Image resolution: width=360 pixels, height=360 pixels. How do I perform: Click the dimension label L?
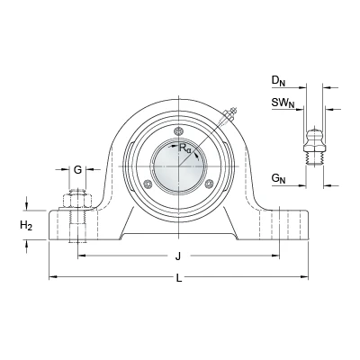point(179,278)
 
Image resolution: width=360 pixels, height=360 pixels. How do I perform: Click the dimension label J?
point(178,256)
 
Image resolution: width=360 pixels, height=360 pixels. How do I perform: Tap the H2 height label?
point(26,225)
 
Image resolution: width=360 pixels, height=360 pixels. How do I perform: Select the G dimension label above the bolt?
point(77,170)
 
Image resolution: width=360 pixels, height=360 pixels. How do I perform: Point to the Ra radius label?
point(184,148)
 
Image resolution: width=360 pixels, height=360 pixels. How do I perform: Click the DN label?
point(278,81)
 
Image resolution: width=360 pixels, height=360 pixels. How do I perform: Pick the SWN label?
point(283,103)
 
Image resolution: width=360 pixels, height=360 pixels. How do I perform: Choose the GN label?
point(278,179)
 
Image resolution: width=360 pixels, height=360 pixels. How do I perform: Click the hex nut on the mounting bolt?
point(77,202)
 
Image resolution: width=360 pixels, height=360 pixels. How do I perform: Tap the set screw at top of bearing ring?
point(179,131)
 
